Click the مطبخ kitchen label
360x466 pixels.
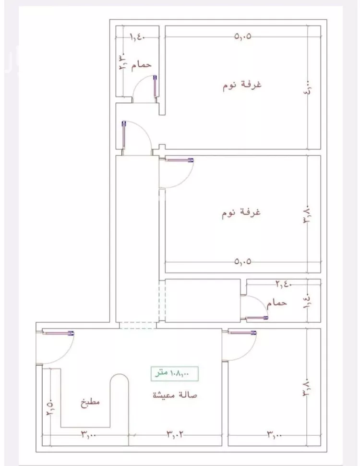tap(90, 403)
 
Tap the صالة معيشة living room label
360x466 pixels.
tap(175, 395)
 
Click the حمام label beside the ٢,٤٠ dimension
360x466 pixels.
tap(278, 303)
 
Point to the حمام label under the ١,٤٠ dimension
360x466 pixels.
tap(142, 64)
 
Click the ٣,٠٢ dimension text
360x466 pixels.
tap(175, 435)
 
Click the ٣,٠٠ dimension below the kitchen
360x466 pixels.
tap(89, 435)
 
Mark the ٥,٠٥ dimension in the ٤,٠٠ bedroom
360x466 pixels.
tap(243, 36)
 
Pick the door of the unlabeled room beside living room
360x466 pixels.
tap(243, 332)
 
